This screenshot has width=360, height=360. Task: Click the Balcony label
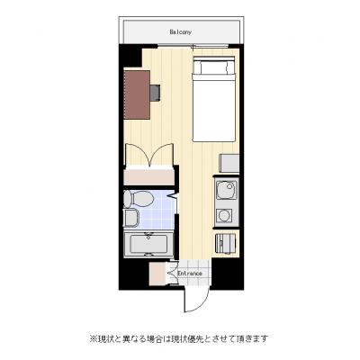(x=180, y=31)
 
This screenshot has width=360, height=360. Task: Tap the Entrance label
(x=190, y=274)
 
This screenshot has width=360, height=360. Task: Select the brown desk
(x=137, y=94)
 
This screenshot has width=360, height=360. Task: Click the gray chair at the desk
(x=155, y=93)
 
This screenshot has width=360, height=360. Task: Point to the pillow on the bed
(x=213, y=67)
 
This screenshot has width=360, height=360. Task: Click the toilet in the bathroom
(x=138, y=199)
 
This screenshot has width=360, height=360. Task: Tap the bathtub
(x=148, y=244)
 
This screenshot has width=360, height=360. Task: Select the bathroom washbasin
(x=130, y=218)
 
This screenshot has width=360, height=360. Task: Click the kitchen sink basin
(x=227, y=192)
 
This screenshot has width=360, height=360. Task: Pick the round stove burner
(x=224, y=215)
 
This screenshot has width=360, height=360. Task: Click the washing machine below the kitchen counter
(x=226, y=243)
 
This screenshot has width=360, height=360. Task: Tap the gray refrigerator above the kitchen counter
(x=229, y=163)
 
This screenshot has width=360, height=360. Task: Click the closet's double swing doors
(x=149, y=154)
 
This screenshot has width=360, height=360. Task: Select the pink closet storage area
(x=148, y=177)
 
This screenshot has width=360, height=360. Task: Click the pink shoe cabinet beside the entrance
(x=157, y=274)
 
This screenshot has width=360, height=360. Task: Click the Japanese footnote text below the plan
(x=179, y=338)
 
